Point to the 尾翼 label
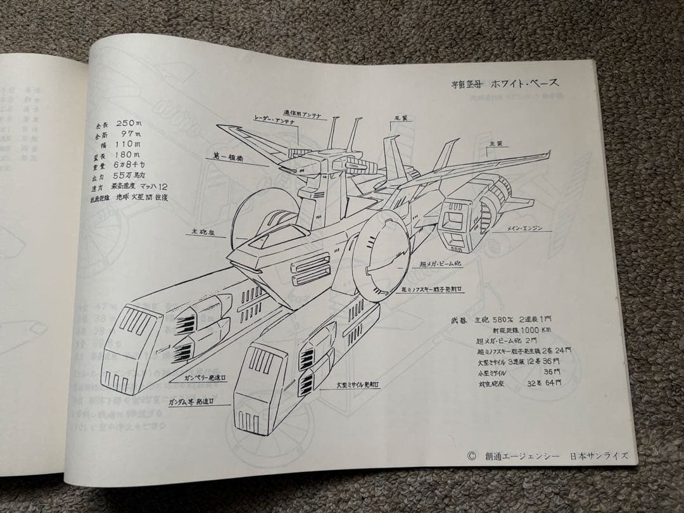[400, 118]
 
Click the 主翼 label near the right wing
[495, 144]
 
